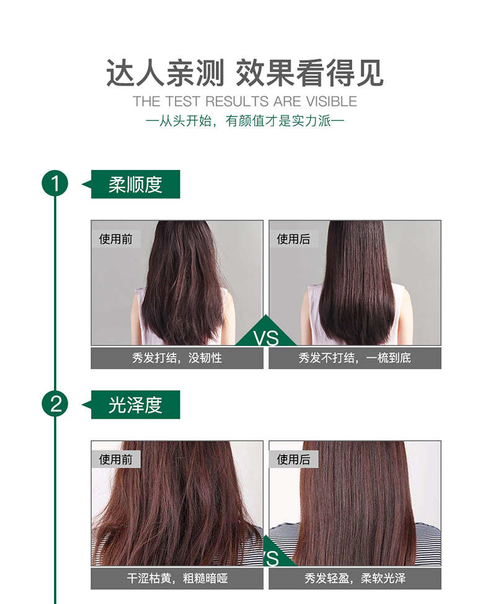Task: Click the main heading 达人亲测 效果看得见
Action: point(244,73)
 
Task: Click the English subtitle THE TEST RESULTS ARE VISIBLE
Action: point(244,101)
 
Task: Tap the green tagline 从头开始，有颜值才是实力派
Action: point(244,121)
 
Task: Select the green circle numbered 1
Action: point(55,184)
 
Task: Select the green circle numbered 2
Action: point(55,404)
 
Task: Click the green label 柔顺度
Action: point(135,184)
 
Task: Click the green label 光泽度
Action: point(135,404)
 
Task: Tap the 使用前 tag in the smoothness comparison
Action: point(115,239)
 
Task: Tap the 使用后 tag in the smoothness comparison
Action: point(293,239)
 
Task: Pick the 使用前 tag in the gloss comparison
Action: point(115,459)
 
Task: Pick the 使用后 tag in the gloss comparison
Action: point(293,459)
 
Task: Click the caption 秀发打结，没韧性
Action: point(177,358)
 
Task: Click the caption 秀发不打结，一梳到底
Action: point(355,358)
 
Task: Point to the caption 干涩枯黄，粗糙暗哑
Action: point(177,578)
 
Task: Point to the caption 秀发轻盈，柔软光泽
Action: point(355,578)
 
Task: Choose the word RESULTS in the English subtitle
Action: point(237,101)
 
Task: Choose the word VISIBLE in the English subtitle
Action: point(332,101)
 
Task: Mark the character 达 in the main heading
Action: point(120,73)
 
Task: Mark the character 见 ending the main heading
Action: point(370,73)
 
